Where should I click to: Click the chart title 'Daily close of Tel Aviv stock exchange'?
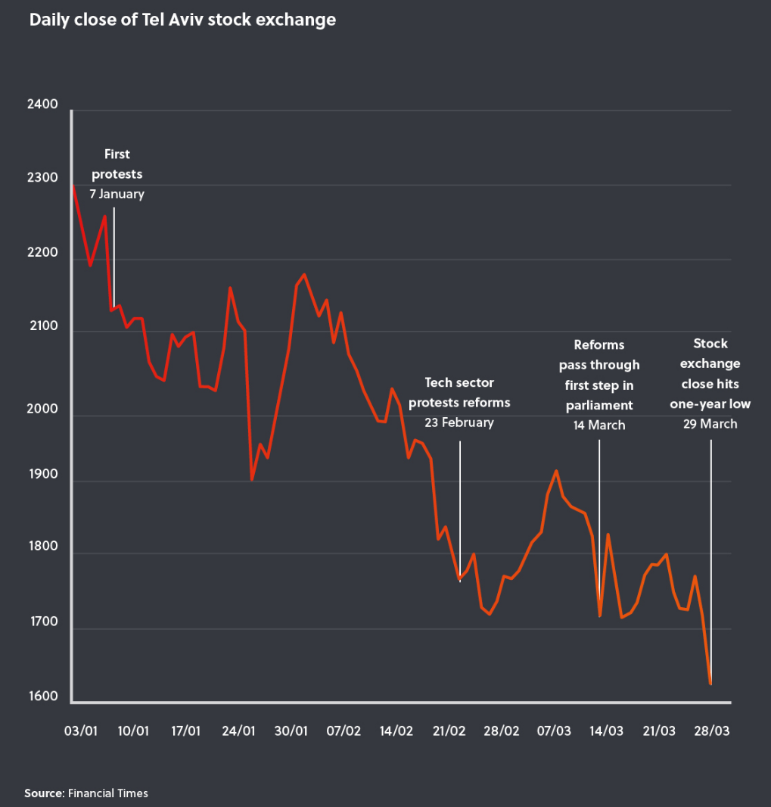pos(182,20)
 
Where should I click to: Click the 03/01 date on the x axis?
pos(82,731)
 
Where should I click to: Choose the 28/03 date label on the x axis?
pos(712,731)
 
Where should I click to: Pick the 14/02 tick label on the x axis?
pos(396,731)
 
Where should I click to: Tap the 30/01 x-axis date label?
pos(291,731)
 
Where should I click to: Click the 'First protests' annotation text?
pos(117,164)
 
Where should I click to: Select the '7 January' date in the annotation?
pos(117,194)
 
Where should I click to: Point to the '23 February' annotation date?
pos(459,422)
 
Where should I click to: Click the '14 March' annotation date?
pos(599,425)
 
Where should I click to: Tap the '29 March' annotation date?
pos(710,424)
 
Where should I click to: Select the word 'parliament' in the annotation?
pos(599,405)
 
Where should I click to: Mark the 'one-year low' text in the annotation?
pos(710,404)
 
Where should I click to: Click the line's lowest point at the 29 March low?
pos(710,684)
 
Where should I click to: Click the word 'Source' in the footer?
pos(44,793)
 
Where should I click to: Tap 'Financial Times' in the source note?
pos(108,793)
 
